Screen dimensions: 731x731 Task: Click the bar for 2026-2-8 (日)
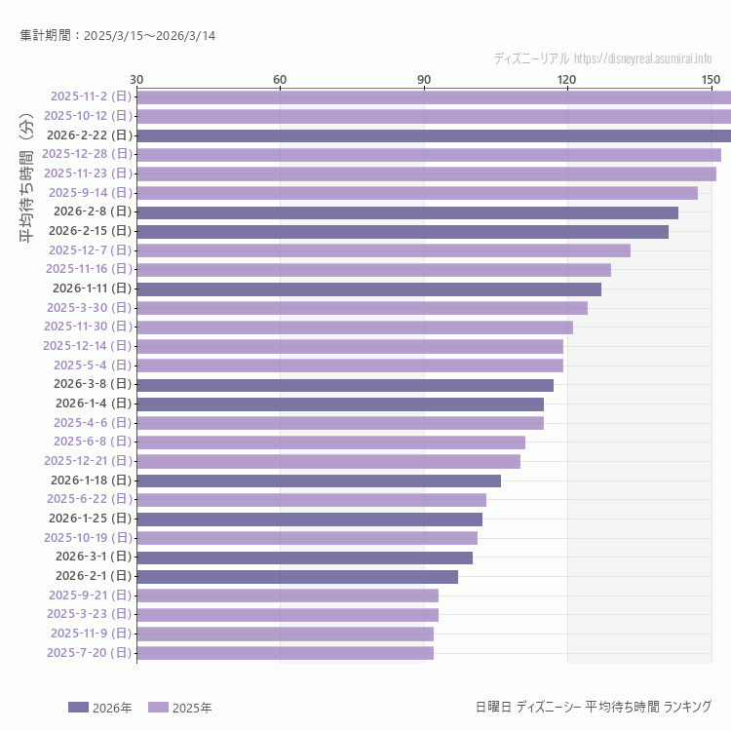407,212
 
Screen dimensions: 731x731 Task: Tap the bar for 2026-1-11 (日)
368,289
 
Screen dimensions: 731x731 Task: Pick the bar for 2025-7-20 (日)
285,653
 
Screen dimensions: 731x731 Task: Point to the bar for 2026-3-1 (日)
304,558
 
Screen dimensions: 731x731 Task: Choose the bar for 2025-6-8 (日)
330,442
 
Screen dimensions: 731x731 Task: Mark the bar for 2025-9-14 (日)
417,193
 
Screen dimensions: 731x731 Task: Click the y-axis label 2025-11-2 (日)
91,96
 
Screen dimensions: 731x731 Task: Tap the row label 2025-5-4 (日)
93,365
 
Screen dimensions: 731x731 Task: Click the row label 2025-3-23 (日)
91,614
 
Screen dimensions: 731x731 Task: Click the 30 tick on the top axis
136,79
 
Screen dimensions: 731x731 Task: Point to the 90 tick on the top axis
424,79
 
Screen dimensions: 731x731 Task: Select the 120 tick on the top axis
567,79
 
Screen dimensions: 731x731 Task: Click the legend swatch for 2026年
78,708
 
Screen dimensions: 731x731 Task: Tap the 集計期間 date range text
118,36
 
